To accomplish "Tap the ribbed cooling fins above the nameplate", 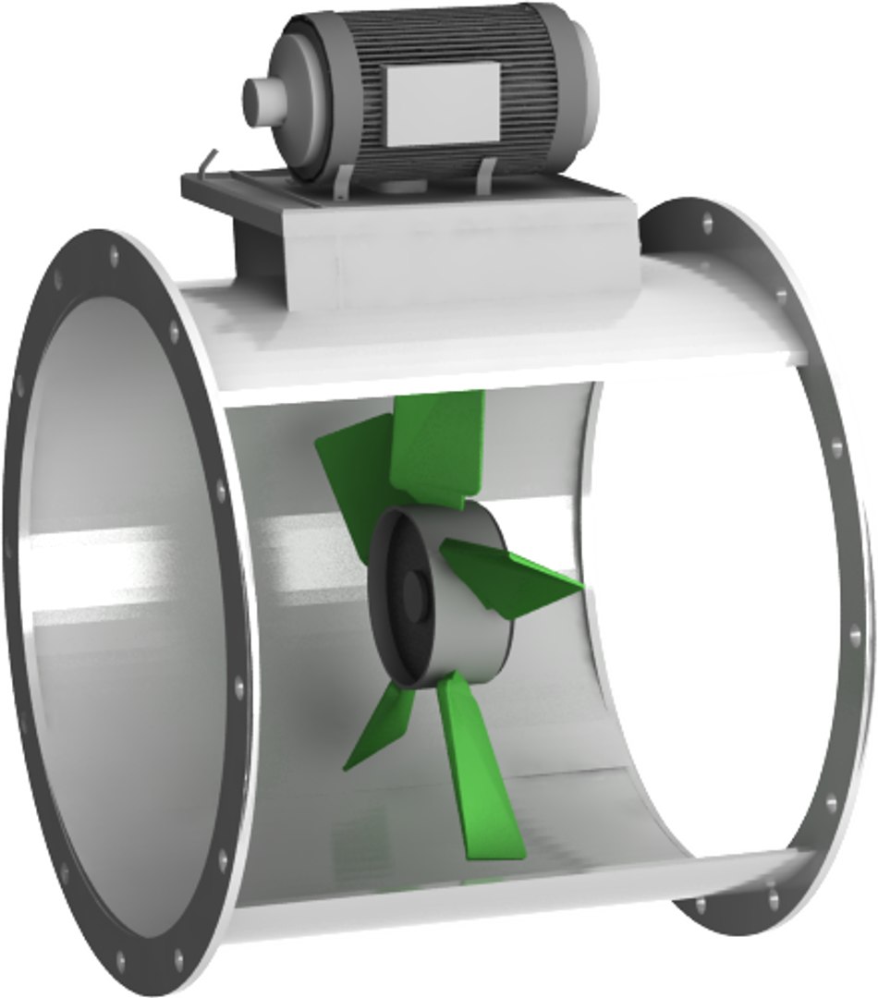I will [x=434, y=42].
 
